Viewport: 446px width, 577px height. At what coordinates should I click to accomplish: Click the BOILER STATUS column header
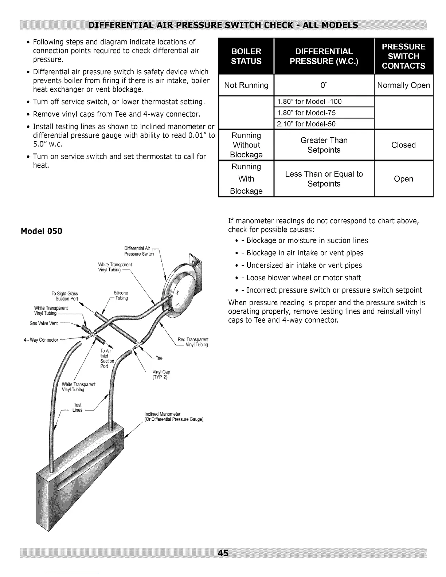click(246, 56)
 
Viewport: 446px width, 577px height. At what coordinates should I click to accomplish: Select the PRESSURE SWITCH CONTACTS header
click(403, 56)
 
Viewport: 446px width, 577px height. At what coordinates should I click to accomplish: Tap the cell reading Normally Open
click(403, 85)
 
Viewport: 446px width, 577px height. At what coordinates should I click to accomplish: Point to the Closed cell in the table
click(403, 145)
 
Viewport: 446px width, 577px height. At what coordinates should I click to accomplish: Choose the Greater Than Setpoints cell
click(324, 145)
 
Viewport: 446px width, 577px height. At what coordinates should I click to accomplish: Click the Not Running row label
click(246, 85)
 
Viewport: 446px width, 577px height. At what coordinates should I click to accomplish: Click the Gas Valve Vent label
click(43, 323)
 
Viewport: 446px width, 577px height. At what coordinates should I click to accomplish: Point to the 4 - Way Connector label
click(41, 340)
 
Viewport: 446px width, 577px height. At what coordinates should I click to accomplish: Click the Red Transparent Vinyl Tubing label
click(193, 342)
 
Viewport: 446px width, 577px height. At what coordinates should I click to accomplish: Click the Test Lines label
click(77, 407)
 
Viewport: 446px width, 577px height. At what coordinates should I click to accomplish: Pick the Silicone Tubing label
click(121, 295)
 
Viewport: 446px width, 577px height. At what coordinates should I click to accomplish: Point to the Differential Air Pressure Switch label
click(139, 251)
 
